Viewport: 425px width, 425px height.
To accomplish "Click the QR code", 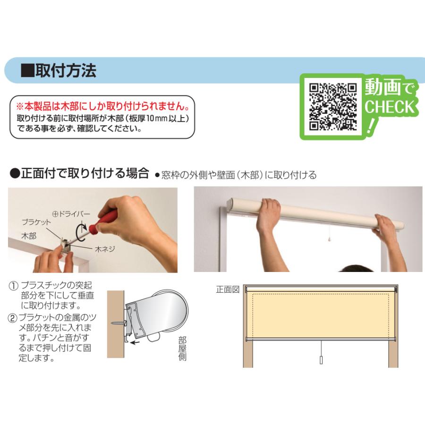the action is point(333,107).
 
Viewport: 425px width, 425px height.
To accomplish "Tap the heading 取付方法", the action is point(66,70).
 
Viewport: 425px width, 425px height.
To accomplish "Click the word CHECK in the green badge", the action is point(390,107).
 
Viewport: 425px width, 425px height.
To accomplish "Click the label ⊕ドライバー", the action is point(71,214).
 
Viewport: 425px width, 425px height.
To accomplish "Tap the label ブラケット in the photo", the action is point(36,222).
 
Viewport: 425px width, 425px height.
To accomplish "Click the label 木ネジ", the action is point(105,249).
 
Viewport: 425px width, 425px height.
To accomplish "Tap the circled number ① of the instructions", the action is point(14,286).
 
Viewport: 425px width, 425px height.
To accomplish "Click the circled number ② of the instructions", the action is point(12,318).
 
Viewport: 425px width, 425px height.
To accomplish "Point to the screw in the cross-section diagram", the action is point(119,323).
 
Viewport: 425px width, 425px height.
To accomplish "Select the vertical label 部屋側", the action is point(182,348).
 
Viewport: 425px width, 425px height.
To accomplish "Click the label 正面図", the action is point(228,289).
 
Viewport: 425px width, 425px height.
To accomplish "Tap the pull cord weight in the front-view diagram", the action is point(321,360).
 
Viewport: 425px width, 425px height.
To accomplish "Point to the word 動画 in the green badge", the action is point(382,87).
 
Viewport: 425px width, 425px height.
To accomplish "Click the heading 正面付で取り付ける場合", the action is point(85,173).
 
